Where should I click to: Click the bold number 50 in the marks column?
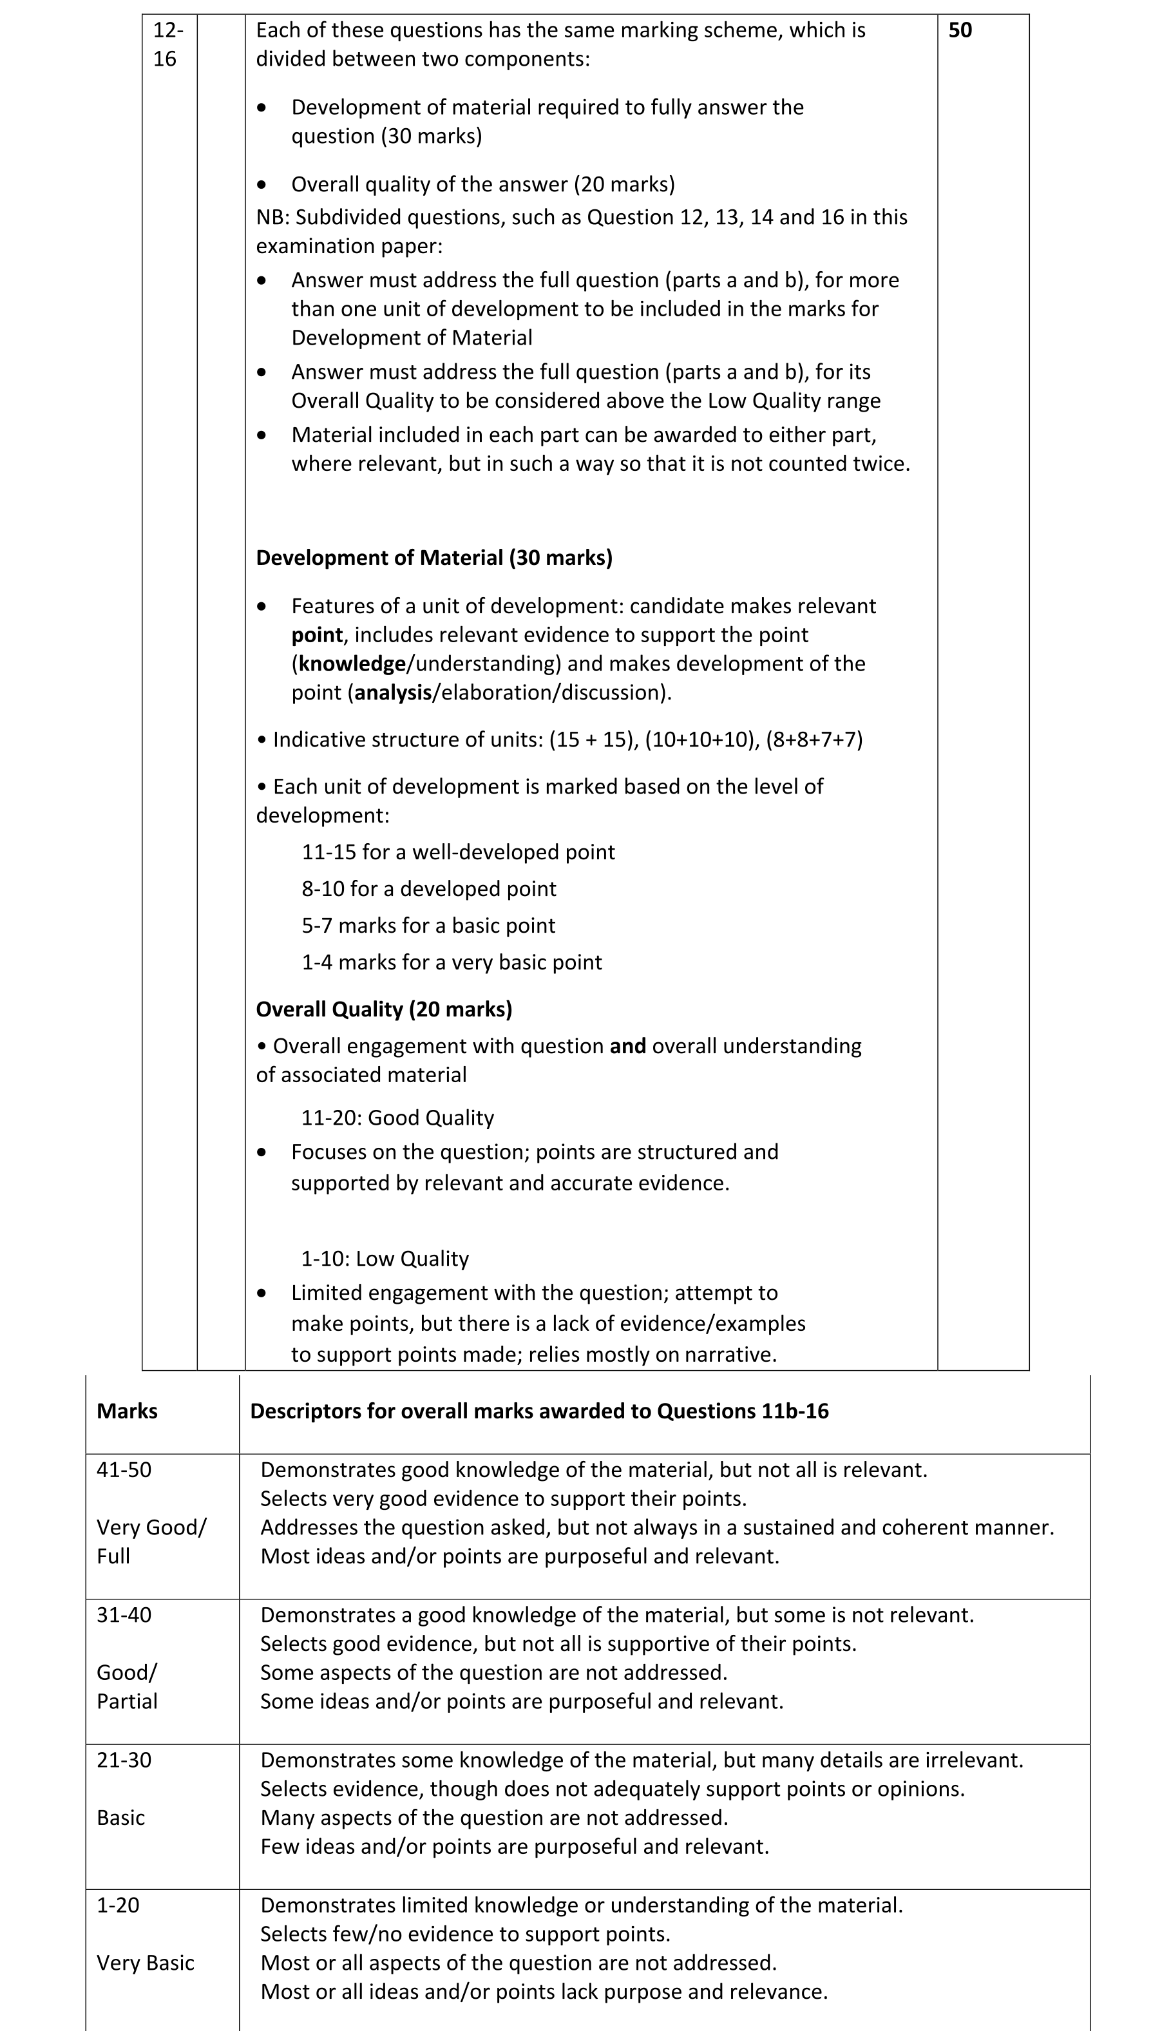(x=960, y=30)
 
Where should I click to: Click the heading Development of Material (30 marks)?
(x=433, y=557)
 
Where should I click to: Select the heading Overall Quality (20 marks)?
(x=384, y=1009)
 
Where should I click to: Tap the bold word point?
(x=317, y=634)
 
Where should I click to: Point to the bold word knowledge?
(x=352, y=663)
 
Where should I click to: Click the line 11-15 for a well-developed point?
(x=457, y=852)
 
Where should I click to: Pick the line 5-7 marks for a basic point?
(x=428, y=926)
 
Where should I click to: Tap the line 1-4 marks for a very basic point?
(x=451, y=962)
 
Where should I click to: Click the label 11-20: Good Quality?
(x=397, y=1118)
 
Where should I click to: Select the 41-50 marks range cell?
(x=124, y=1470)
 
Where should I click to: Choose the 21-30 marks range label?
(x=124, y=1760)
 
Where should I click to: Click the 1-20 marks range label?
(x=117, y=1905)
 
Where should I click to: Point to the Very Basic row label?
(x=146, y=1963)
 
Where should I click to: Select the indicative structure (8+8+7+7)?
(x=814, y=739)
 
